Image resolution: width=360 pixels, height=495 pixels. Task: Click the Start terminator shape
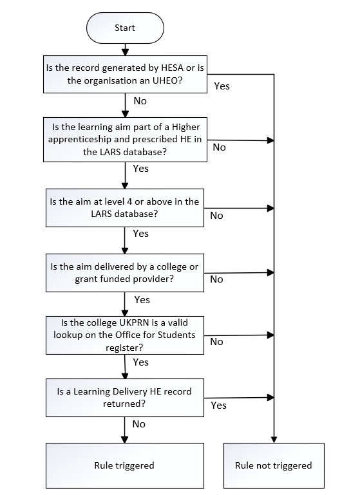click(124, 28)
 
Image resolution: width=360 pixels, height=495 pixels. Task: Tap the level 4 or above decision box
click(124, 207)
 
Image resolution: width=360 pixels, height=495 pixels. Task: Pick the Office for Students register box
click(124, 335)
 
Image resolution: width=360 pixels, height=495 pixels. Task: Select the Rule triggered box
click(124, 465)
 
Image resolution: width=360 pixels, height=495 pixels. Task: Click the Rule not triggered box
click(273, 465)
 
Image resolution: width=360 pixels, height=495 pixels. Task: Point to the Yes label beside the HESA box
click(221, 86)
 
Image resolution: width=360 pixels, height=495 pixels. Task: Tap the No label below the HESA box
click(139, 101)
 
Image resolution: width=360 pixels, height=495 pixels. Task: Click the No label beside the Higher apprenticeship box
click(219, 147)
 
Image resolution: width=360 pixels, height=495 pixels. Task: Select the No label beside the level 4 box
click(216, 216)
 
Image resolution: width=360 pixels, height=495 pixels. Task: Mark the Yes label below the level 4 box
click(140, 234)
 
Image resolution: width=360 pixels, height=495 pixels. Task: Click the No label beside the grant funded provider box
click(216, 279)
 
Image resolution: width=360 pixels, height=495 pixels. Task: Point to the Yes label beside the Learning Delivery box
click(218, 406)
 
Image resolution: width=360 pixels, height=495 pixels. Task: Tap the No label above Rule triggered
click(138, 424)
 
